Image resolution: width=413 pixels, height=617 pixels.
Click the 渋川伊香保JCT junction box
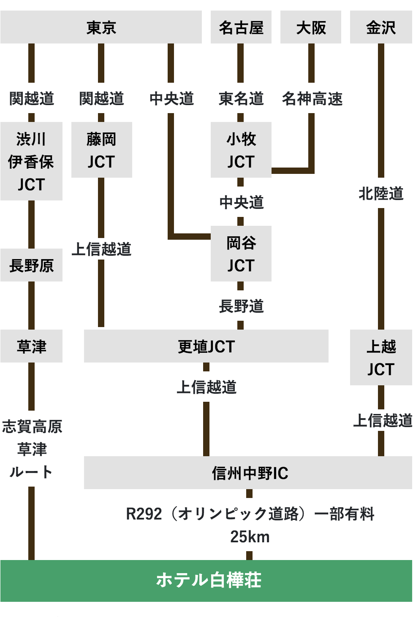[x=31, y=161]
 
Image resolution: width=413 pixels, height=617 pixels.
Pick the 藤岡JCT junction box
[x=101, y=150]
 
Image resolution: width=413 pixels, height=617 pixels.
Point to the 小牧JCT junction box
[x=241, y=150]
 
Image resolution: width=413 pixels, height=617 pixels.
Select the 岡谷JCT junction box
[x=241, y=254]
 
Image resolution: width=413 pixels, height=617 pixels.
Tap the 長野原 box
[x=31, y=265]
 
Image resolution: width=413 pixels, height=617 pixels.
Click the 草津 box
[x=31, y=346]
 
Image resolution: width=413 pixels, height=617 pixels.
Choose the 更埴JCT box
[x=206, y=346]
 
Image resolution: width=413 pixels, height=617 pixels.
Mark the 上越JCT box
[x=381, y=357]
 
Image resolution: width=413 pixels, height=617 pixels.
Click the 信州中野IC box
[x=249, y=473]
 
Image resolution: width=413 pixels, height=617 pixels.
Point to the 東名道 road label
[x=241, y=98]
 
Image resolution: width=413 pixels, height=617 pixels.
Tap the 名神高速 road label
[x=312, y=98]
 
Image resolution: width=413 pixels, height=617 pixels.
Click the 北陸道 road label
[x=381, y=193]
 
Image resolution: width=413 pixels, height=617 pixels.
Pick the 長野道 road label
[x=241, y=306]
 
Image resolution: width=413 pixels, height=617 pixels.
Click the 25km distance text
[x=250, y=537]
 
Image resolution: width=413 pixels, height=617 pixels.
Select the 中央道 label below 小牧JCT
[x=241, y=202]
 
